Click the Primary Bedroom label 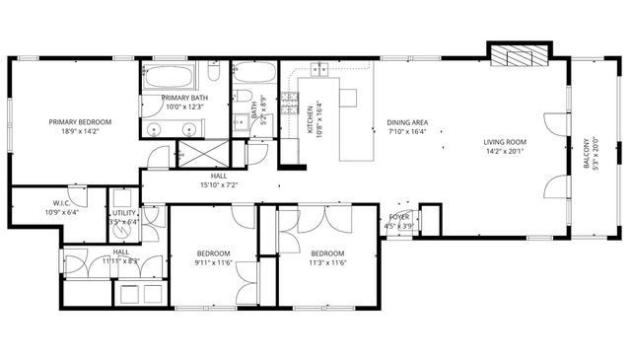pyautogui.click(x=80, y=122)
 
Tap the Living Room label pyautogui.click(x=506, y=142)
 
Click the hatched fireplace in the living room pyautogui.click(x=519, y=56)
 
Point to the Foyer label pyautogui.click(x=398, y=216)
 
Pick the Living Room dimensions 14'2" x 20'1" pyautogui.click(x=506, y=152)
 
